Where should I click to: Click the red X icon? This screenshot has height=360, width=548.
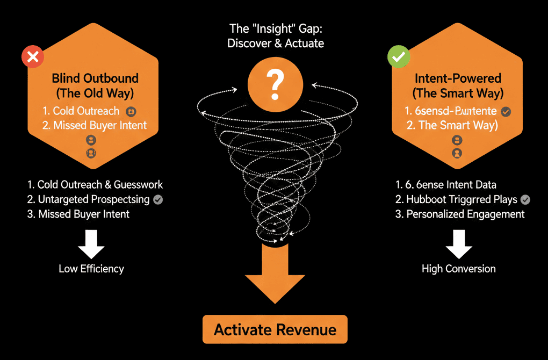coord(32,57)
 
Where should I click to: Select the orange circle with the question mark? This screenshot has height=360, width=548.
coord(275,83)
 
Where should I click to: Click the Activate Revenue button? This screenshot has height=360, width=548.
coord(275,329)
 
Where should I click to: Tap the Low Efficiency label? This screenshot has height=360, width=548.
coord(91,269)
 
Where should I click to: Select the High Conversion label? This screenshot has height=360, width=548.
coord(459,269)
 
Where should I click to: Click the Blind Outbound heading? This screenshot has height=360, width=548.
coord(95,78)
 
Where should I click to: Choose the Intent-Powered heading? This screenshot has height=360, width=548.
coord(458,78)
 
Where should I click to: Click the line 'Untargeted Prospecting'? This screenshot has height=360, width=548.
coord(93,199)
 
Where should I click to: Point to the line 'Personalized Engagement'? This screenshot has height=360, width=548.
coord(465,214)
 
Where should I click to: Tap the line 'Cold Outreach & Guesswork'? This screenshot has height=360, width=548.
coord(100,185)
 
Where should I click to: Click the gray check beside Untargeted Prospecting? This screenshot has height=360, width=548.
coord(158,199)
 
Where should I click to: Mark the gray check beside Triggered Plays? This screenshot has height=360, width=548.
coord(525,199)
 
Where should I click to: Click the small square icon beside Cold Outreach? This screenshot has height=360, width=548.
coord(130,112)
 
